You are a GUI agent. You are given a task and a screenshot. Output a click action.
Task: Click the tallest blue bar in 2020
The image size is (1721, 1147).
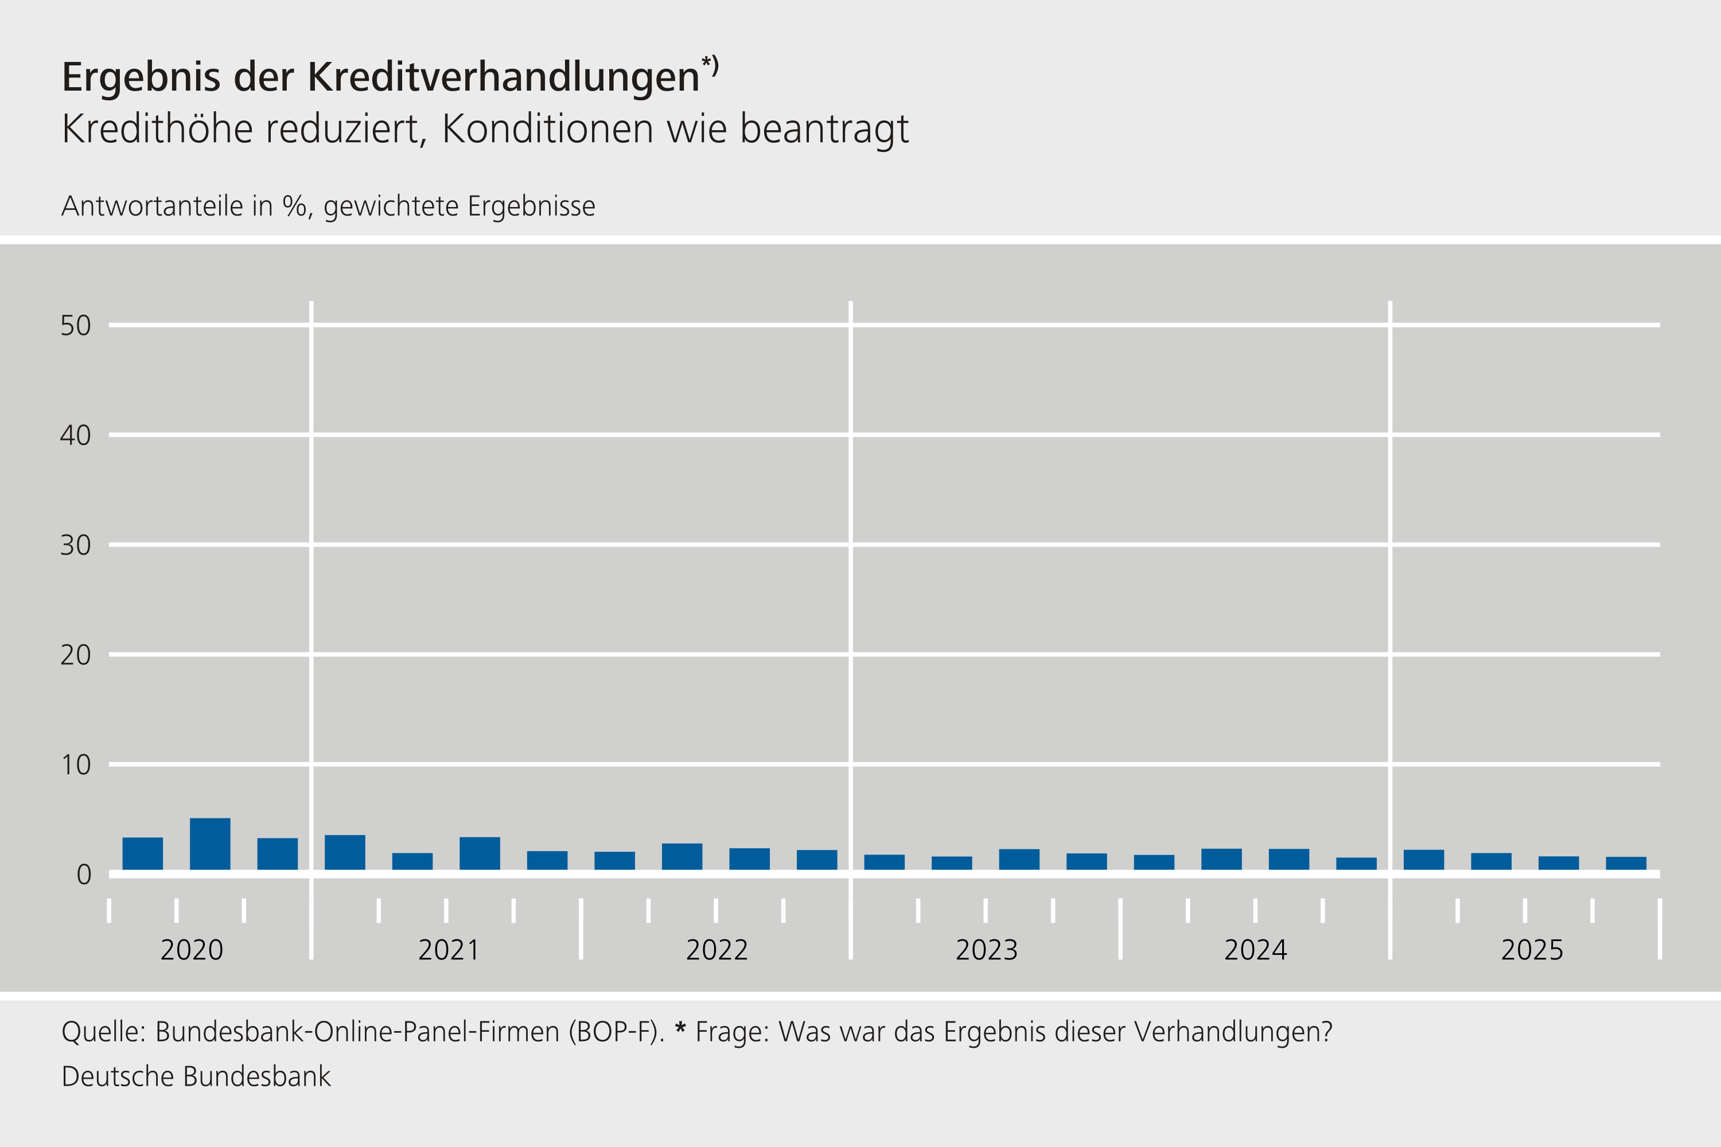(210, 844)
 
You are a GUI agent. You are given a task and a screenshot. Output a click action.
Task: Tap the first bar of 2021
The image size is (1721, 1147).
(345, 852)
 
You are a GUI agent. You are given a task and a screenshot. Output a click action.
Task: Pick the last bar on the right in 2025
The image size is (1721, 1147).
(1626, 863)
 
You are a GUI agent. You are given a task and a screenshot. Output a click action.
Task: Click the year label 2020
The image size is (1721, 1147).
(192, 950)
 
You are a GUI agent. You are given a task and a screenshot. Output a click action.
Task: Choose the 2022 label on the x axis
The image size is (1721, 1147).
(717, 950)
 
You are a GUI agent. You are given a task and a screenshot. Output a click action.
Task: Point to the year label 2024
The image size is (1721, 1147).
(1256, 950)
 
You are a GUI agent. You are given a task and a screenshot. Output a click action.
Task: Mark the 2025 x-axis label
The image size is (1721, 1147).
(1532, 950)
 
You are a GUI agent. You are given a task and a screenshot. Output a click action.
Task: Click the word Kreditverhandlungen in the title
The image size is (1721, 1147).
(504, 77)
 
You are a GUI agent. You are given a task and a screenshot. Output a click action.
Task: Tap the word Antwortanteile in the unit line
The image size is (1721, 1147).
(152, 206)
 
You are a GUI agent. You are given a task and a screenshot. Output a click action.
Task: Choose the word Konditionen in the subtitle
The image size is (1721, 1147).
(547, 130)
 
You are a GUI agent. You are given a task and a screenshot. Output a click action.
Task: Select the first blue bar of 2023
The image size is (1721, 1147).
(884, 862)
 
